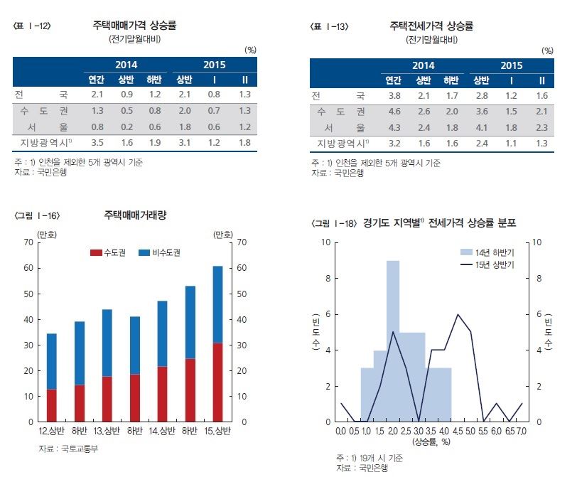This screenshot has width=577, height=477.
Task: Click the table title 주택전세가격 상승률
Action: (x=431, y=26)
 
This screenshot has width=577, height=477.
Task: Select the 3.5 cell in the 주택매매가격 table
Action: (x=98, y=143)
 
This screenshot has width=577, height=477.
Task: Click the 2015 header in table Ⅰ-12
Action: (x=214, y=65)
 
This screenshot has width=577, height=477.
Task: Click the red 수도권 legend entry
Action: (x=109, y=253)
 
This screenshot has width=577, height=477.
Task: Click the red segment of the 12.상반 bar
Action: (x=51, y=405)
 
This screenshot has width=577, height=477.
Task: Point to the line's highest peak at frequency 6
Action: (x=458, y=314)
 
